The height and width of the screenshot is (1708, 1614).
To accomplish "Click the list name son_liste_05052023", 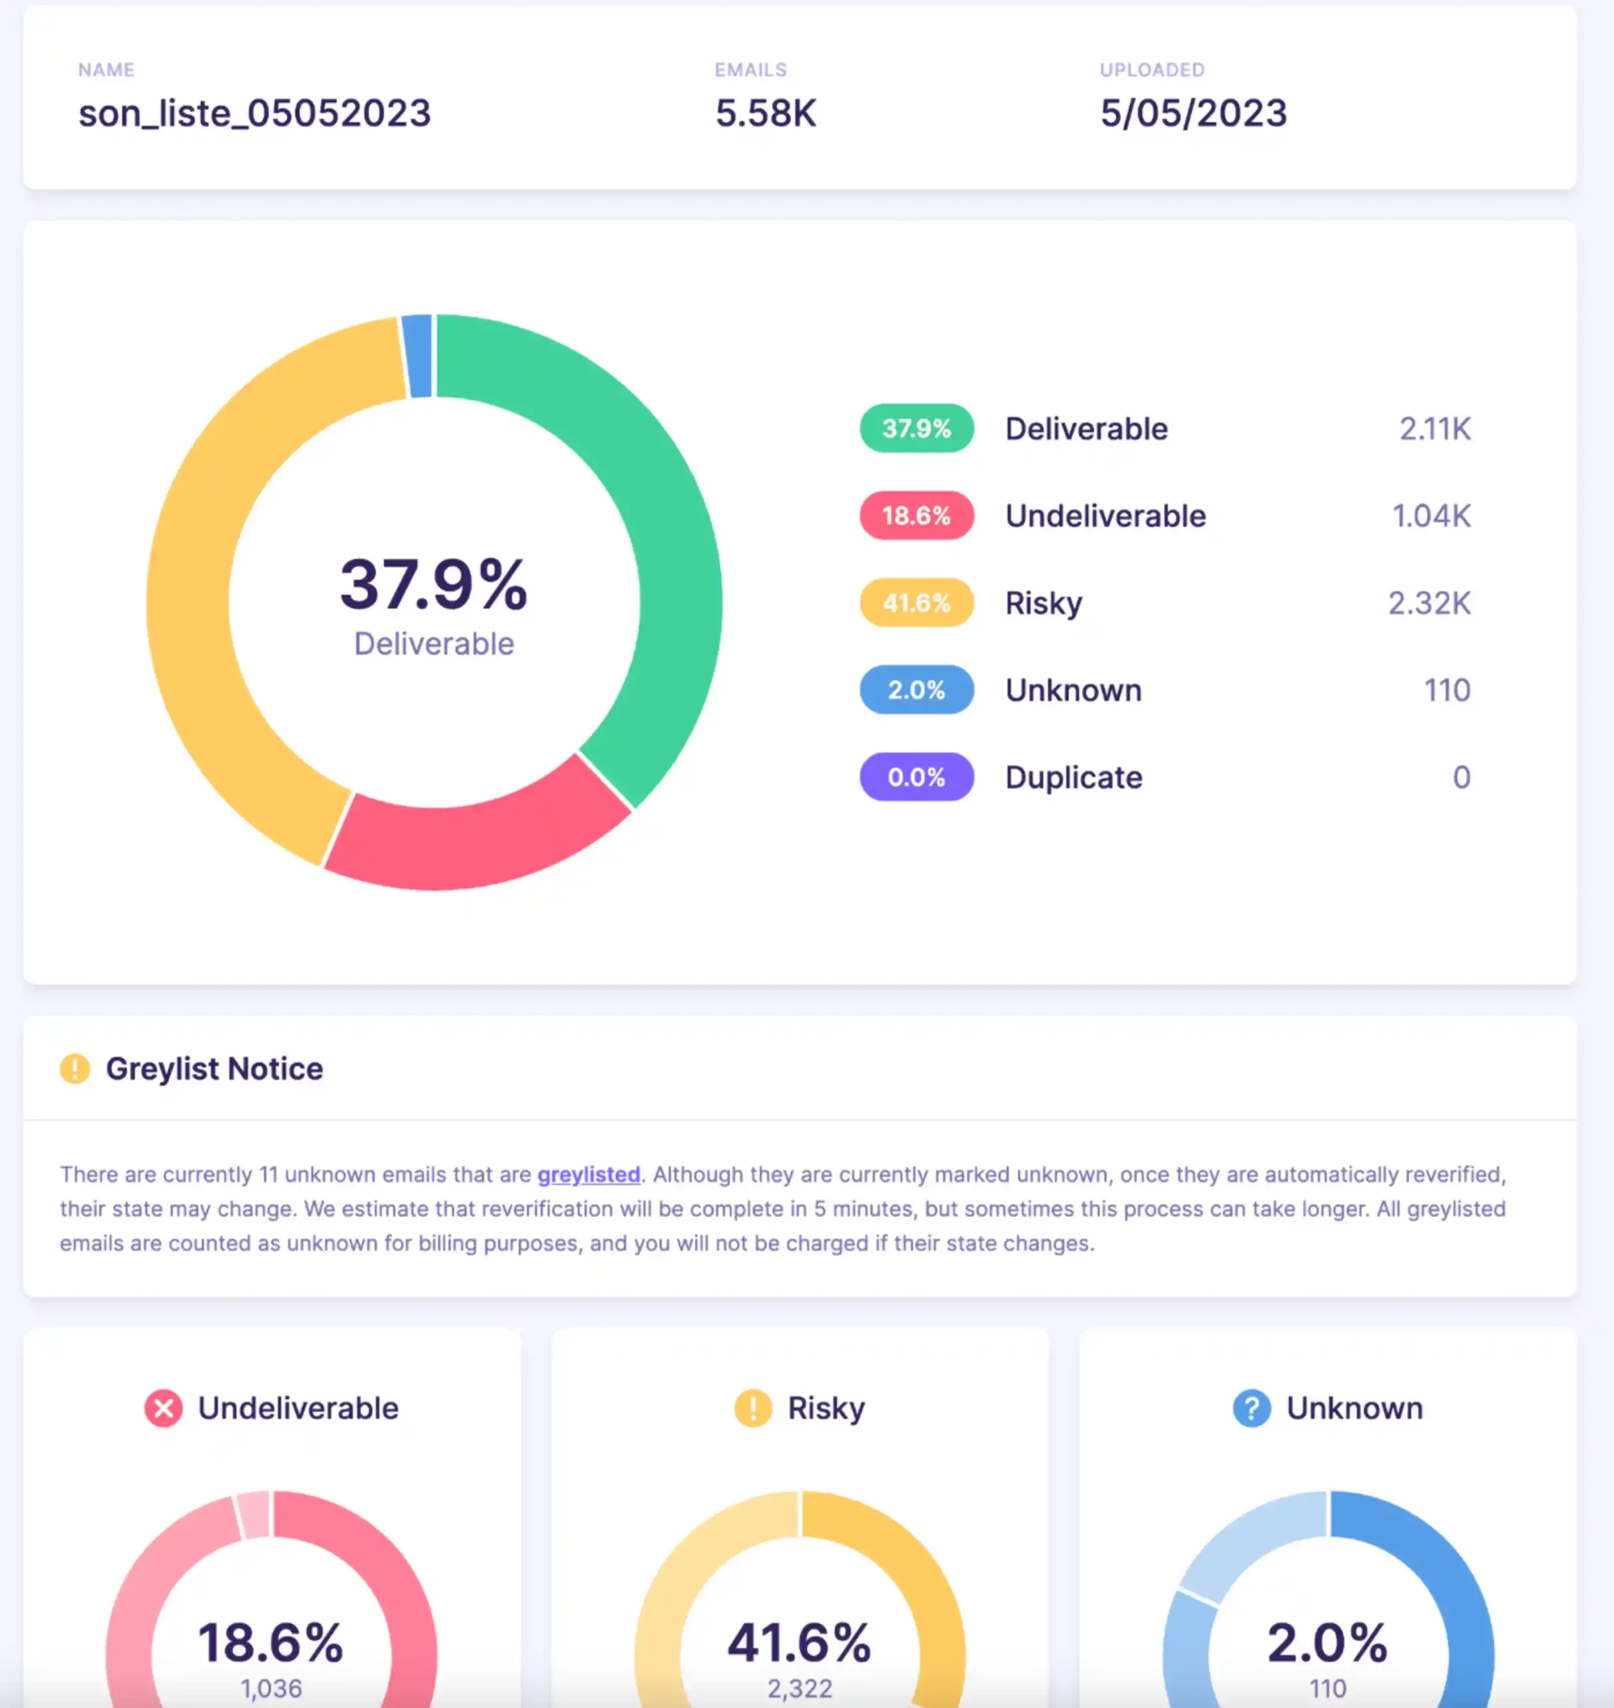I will tap(255, 113).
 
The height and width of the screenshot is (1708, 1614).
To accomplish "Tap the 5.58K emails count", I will tap(765, 113).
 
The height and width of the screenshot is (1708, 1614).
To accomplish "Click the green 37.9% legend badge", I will tap(916, 428).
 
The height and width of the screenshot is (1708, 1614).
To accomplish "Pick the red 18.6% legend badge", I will tap(916, 516).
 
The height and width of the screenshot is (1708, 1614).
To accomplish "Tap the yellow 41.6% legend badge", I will tap(916, 603).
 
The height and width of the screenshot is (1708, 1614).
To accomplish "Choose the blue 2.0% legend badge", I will tap(916, 690).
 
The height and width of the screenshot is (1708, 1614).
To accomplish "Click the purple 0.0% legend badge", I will tap(916, 777).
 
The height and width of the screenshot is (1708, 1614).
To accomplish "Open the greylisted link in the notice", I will tap(589, 1175).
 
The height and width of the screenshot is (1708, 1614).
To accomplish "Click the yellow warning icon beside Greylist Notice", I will tap(75, 1069).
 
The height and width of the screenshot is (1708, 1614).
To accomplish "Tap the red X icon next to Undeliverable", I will tap(163, 1408).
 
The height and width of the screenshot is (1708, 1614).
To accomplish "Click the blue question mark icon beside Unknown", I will tap(1251, 1408).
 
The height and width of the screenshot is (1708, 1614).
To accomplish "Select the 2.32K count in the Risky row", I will tap(1428, 603).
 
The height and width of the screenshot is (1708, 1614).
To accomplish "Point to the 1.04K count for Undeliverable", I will tap(1430, 516).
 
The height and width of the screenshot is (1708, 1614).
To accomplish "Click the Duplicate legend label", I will tap(1074, 777).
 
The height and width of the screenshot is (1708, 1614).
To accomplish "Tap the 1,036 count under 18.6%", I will tap(271, 1688).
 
